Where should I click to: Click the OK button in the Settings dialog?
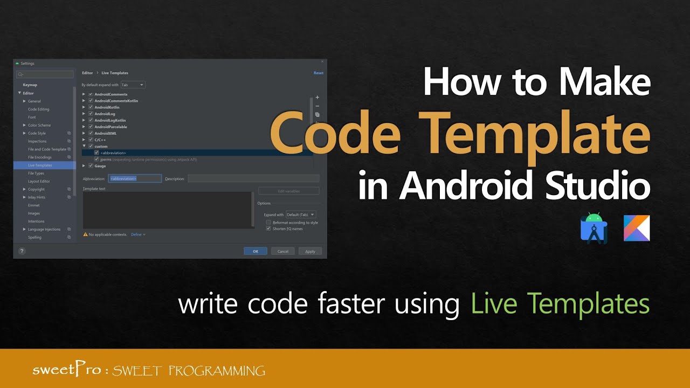click(255, 251)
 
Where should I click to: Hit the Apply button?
click(310, 251)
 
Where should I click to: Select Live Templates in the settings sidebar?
click(40, 165)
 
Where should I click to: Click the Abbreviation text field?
click(135, 178)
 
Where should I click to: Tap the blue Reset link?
click(319, 73)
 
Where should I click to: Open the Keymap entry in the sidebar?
click(30, 85)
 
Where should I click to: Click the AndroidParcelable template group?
click(111, 127)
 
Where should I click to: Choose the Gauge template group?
click(100, 166)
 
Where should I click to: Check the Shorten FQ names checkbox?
click(268, 228)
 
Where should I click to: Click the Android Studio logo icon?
click(594, 228)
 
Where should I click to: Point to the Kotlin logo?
click(637, 228)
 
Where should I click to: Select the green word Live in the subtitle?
click(493, 303)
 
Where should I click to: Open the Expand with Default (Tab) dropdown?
click(301, 214)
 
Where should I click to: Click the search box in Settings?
click(45, 74)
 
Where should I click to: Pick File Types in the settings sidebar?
click(36, 174)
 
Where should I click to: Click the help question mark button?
click(22, 251)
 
